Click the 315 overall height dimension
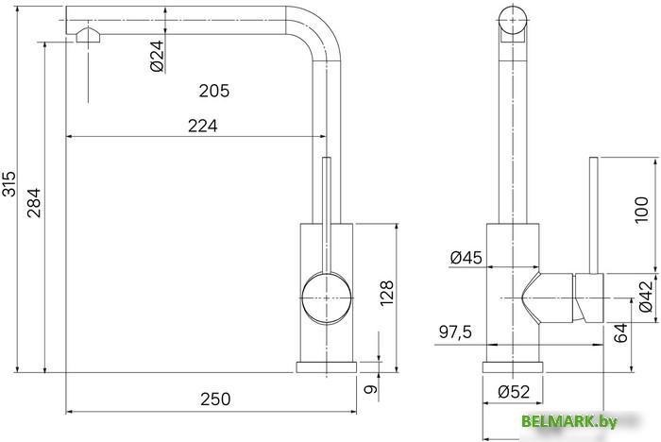pos(8,184)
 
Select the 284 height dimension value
pos(34,203)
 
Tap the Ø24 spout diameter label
pos(158,56)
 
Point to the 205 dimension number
pos(214,91)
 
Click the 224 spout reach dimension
pos(203,126)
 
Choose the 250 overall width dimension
pos(215,399)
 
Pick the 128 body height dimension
pos(386,293)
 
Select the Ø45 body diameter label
pos(466,257)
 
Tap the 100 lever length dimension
pos(641,210)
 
